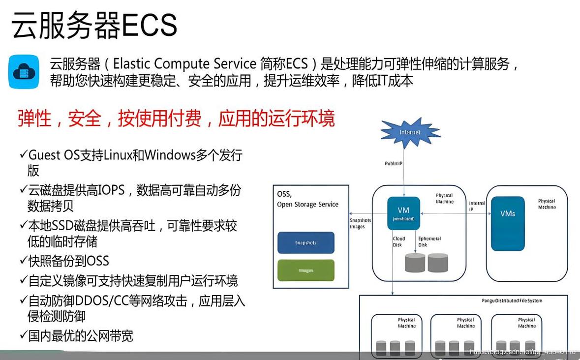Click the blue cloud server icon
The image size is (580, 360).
(24, 72)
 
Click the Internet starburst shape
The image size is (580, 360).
(410, 133)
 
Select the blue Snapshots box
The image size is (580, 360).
(305, 242)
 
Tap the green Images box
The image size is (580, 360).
(305, 270)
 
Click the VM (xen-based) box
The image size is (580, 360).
(403, 213)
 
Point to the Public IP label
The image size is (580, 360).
(395, 163)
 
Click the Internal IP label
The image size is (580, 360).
(477, 206)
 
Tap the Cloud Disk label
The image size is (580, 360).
(399, 241)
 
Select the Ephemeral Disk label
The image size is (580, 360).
(429, 241)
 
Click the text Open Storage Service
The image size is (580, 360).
(307, 204)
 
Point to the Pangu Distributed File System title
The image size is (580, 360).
(512, 300)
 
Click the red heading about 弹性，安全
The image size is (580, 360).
(176, 119)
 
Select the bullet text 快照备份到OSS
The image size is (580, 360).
(68, 261)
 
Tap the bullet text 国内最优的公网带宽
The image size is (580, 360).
(81, 336)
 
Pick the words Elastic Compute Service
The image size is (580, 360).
(185, 64)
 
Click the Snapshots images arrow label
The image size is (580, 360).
(360, 223)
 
